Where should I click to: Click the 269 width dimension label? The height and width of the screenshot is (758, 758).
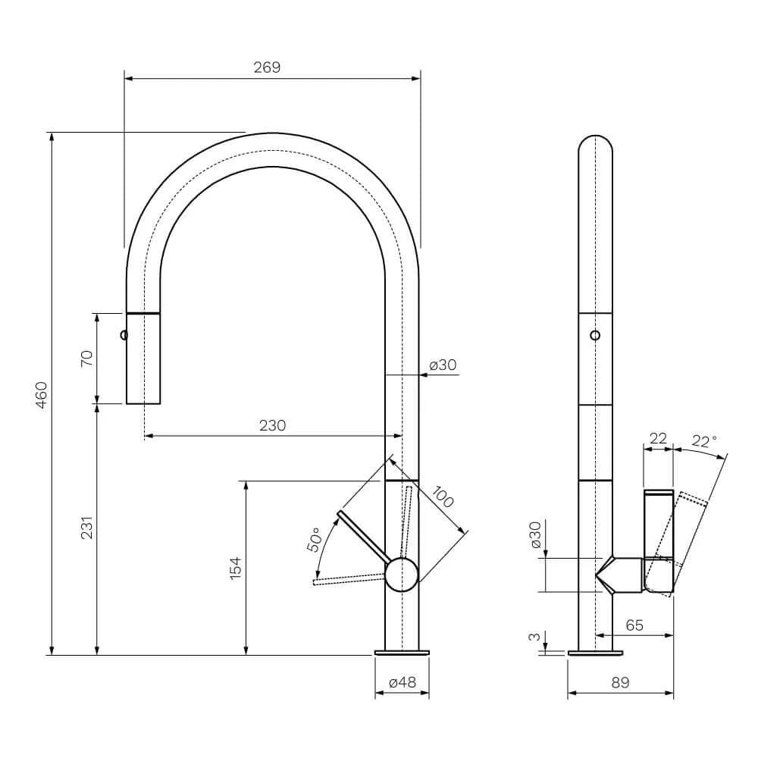[267, 67]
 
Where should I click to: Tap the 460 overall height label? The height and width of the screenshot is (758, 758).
[42, 395]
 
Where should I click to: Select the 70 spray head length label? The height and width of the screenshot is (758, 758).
[86, 359]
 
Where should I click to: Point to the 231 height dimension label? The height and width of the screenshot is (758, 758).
[86, 528]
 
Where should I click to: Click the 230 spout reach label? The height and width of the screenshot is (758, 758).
[273, 425]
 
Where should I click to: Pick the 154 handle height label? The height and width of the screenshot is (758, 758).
[236, 568]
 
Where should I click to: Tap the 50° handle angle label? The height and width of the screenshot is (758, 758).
[314, 540]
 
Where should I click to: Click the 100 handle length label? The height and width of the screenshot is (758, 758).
[443, 497]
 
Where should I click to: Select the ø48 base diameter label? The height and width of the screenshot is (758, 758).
[402, 682]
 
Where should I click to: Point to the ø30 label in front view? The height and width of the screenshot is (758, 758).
[443, 365]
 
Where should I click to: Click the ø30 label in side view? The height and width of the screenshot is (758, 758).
[535, 534]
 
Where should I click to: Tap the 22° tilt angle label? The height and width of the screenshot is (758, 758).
[704, 441]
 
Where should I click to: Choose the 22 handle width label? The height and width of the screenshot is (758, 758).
[658, 438]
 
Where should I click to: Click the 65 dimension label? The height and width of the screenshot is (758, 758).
[634, 625]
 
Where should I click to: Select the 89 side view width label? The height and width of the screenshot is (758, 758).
[621, 682]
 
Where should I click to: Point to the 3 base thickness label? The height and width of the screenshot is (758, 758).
[534, 637]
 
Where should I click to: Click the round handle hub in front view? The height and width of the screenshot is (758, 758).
[402, 575]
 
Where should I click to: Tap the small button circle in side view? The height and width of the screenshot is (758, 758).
[595, 335]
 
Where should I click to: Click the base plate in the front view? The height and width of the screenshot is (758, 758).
[402, 653]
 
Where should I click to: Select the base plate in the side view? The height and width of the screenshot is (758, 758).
[595, 653]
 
